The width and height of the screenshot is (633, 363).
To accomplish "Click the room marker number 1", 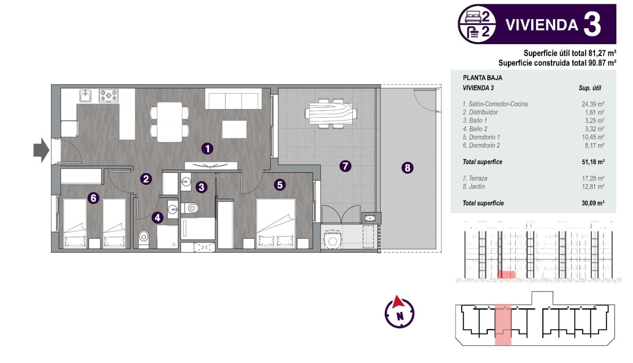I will [x=207, y=148].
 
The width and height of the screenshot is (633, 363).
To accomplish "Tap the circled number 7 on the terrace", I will [x=345, y=166].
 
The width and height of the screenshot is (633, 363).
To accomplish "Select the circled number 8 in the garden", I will [x=407, y=168].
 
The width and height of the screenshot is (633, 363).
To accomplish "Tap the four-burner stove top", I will [x=108, y=96].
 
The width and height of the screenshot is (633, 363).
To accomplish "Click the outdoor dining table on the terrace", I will [x=332, y=113].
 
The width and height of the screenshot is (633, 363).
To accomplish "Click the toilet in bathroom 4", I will [x=144, y=237].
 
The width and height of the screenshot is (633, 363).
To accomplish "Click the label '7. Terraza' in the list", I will [x=476, y=178].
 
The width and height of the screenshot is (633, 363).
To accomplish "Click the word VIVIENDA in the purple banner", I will [x=541, y=25].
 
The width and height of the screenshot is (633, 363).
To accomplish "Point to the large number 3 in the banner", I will [x=592, y=24].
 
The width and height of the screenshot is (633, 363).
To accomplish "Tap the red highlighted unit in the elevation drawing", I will [x=506, y=275].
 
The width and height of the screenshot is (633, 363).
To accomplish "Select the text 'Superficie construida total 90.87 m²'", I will [x=557, y=62].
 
